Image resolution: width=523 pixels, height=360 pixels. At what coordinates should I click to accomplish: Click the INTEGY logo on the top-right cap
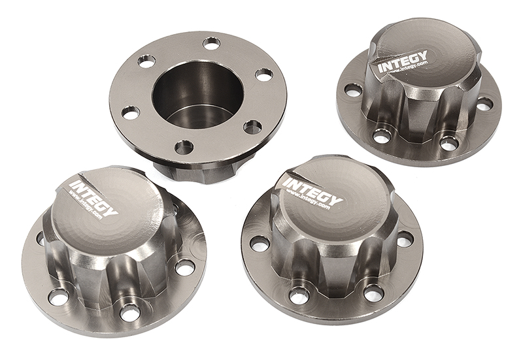[402, 61]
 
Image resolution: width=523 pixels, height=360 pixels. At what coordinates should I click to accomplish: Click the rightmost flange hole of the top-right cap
[484, 103]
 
